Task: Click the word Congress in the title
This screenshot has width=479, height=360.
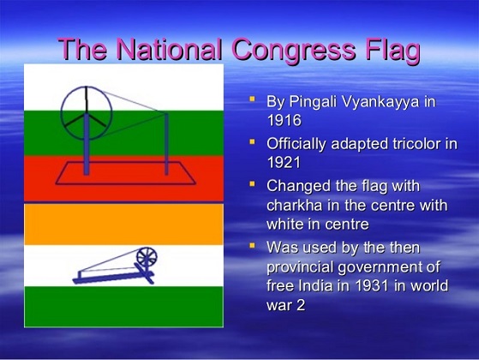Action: tap(294, 50)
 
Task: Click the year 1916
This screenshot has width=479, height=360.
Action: tap(284, 120)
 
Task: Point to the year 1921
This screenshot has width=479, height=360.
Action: tap(284, 162)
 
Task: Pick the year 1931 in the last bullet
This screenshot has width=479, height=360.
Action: tap(372, 285)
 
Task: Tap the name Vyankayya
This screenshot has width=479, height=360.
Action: tap(380, 102)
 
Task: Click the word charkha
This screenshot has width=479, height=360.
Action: tap(294, 205)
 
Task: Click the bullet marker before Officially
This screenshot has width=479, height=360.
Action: tap(252, 141)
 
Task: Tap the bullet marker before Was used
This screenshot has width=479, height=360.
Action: tap(252, 245)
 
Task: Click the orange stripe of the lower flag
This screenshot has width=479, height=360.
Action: tap(123, 224)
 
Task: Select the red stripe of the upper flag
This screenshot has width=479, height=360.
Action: tap(123, 179)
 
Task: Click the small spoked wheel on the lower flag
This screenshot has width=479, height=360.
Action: tap(147, 256)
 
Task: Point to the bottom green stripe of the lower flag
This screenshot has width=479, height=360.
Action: tap(123, 307)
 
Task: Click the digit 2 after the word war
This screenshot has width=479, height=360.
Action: tap(301, 305)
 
